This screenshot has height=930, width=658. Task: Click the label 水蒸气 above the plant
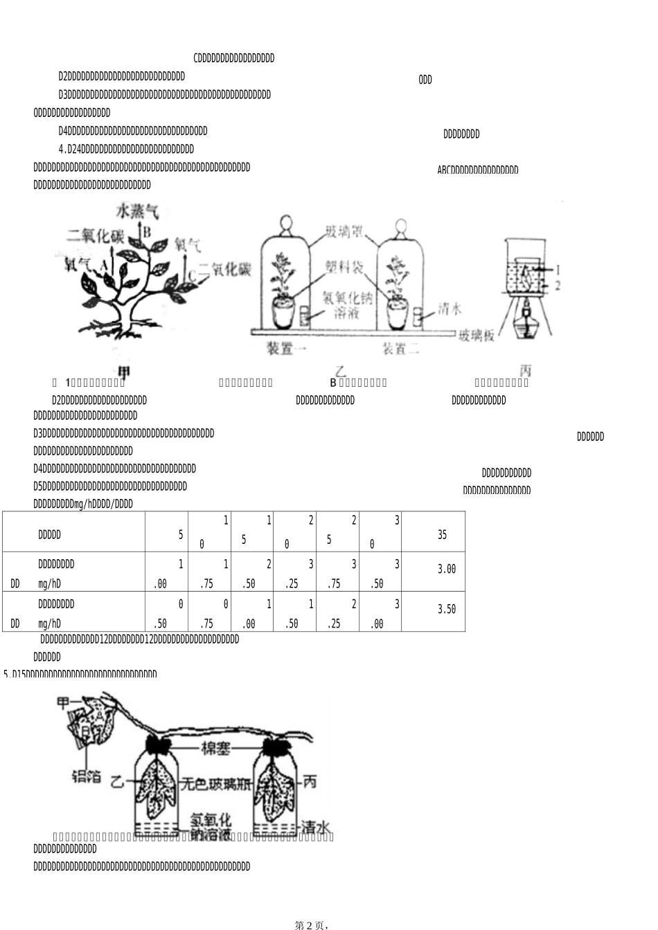pos(138,210)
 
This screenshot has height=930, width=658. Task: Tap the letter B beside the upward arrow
pos(147,232)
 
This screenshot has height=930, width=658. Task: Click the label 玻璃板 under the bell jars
pos(477,336)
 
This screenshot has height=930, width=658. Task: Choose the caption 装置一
pos(287,349)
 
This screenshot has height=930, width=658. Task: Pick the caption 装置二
pos(401,349)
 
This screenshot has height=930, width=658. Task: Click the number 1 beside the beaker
pos(558,268)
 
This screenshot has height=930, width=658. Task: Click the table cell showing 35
pos(443,535)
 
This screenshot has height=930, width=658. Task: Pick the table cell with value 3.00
pos(447,569)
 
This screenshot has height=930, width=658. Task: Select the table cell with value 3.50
pos(447,610)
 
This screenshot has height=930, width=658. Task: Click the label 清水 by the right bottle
pos(316,827)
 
